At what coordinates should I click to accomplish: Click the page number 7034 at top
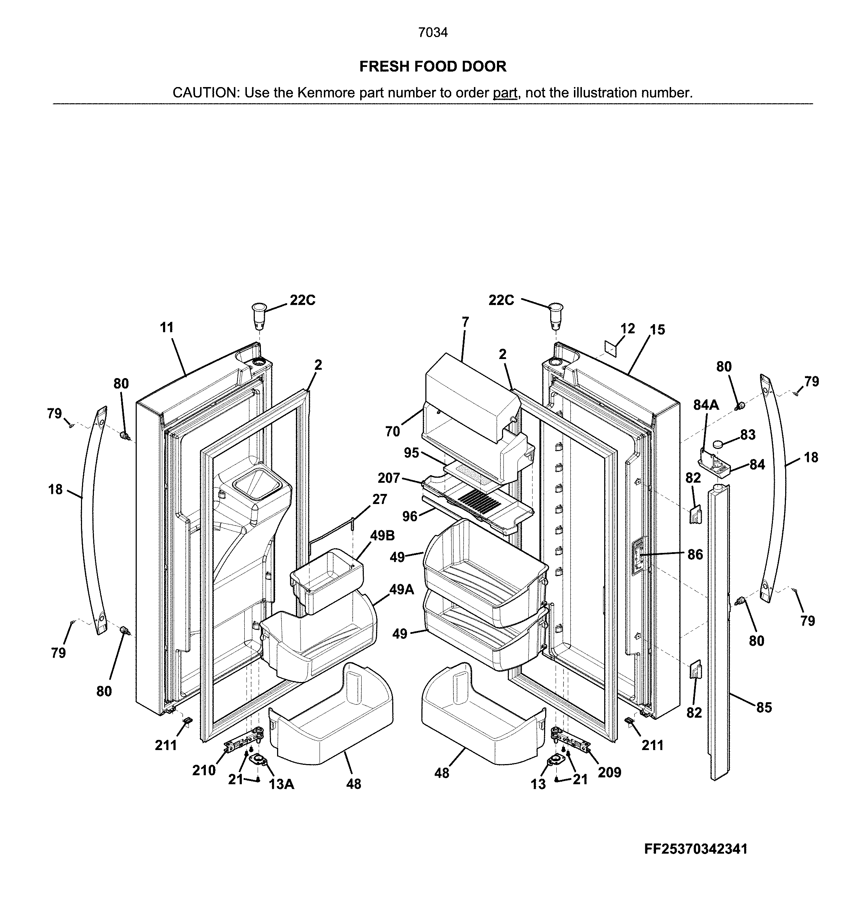pos(433,32)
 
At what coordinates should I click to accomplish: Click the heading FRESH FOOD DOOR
pos(433,67)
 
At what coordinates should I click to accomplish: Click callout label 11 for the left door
pos(167,327)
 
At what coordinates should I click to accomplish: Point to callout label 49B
pos(382,536)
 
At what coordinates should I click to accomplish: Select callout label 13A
pos(282,784)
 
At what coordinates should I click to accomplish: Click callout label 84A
pos(706,405)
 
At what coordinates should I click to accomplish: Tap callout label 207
pos(389,478)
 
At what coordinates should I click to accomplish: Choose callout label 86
pos(695,554)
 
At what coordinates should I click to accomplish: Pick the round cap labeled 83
pos(718,443)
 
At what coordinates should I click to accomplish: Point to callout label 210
pos(204,770)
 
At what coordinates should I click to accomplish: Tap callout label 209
pos(609,772)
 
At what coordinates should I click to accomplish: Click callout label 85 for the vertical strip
pos(764,707)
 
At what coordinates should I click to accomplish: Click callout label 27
pos(379,499)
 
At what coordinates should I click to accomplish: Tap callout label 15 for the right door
pos(657,330)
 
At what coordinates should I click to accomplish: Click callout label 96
pos(410,516)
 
